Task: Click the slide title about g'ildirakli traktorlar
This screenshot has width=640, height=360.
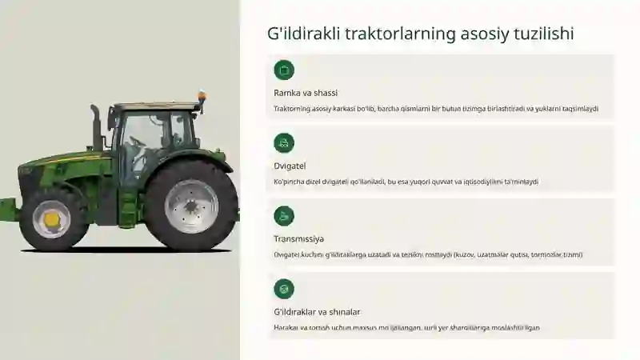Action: (421, 34)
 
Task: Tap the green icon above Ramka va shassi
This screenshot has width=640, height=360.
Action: (284, 70)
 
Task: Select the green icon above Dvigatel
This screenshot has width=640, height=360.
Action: (284, 143)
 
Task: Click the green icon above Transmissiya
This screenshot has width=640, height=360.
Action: (284, 216)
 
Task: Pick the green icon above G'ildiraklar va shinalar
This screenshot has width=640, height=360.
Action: (284, 289)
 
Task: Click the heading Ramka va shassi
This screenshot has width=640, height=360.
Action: (306, 93)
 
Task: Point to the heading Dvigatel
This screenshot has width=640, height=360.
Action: (290, 166)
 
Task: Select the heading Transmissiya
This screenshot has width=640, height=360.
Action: (299, 238)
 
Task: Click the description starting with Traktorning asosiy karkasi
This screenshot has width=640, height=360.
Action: (436, 109)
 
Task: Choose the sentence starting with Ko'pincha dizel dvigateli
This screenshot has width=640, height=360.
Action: (406, 182)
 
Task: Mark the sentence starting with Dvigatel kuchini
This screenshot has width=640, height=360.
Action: (428, 254)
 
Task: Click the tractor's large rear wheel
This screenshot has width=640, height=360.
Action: (190, 206)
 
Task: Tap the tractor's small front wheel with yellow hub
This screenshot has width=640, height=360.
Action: (52, 218)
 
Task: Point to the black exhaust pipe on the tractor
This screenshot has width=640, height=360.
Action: (96, 128)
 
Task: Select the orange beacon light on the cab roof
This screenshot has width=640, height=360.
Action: (202, 98)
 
